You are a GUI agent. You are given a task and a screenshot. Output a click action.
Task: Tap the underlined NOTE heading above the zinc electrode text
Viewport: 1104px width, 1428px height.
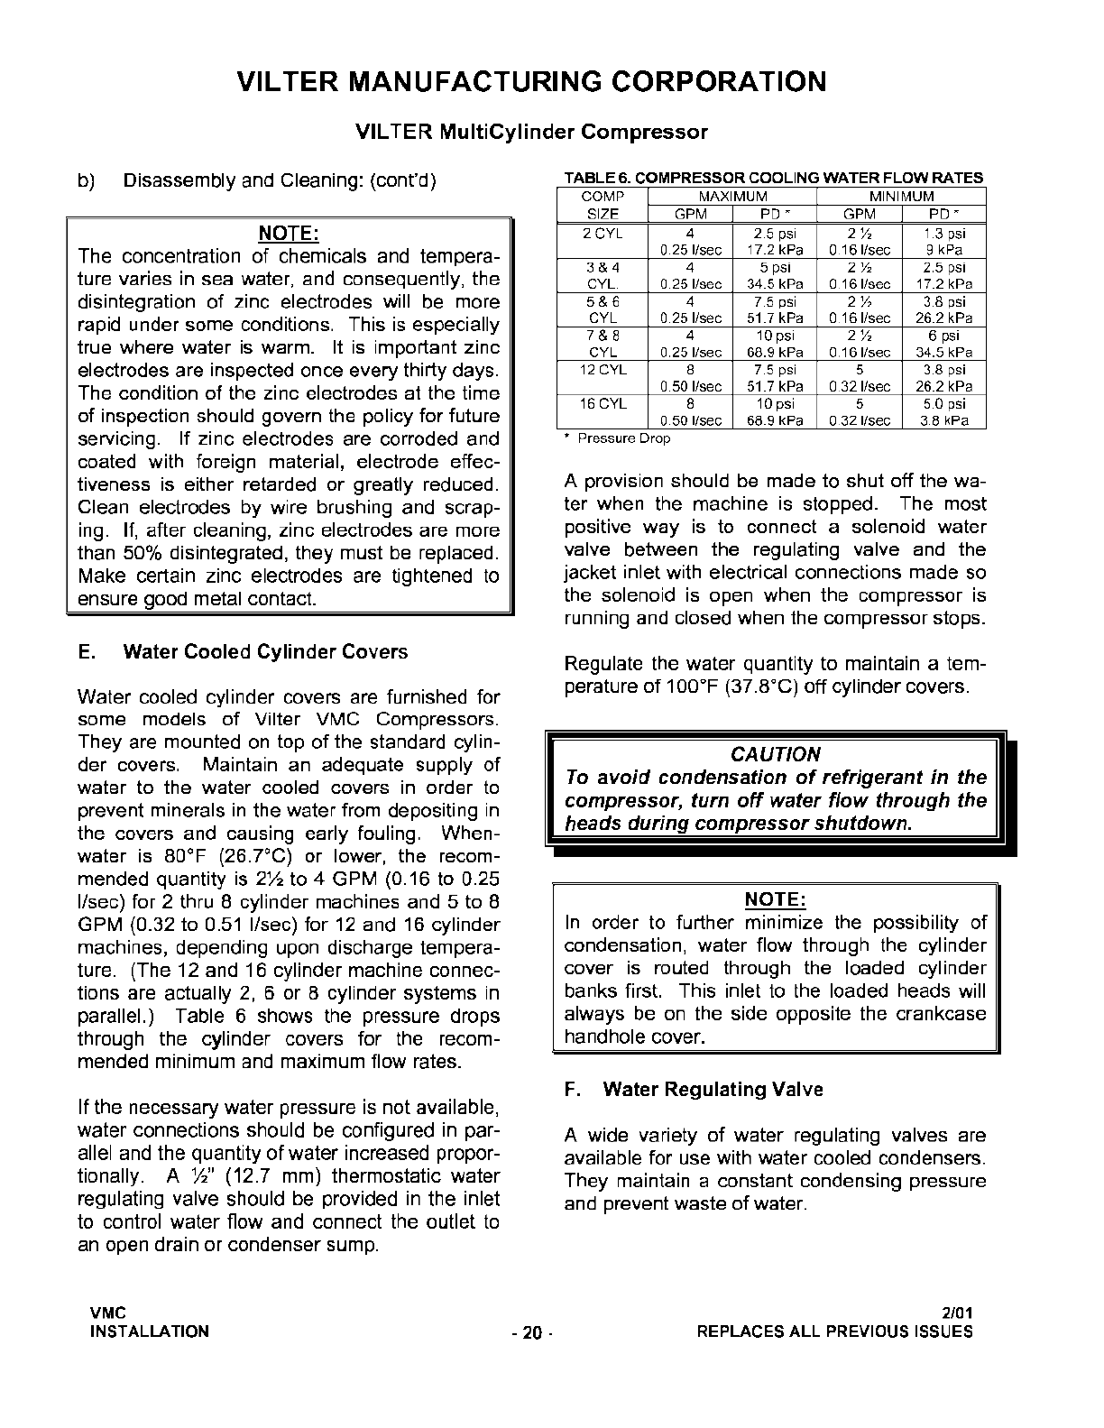tap(289, 234)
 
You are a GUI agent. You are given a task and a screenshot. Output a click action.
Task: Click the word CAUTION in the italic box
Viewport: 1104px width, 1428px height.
tap(776, 754)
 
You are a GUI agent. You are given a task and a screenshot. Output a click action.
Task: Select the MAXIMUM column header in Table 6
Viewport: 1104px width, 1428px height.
tap(732, 197)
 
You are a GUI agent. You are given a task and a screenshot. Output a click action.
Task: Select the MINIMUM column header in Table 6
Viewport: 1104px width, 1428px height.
tap(901, 197)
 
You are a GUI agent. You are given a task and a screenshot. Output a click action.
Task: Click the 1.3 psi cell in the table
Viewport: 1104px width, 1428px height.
tap(944, 233)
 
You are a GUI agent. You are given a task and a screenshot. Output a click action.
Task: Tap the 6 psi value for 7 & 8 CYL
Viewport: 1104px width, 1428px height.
tap(945, 335)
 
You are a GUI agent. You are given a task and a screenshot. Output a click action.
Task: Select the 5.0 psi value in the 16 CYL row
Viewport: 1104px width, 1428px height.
tap(944, 403)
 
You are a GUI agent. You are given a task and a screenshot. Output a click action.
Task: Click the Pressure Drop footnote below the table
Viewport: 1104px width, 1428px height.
tap(623, 438)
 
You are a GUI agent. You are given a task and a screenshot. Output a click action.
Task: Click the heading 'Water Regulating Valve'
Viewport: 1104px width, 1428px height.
tap(713, 1089)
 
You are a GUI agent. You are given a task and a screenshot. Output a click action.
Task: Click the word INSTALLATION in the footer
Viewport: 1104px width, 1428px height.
tap(149, 1331)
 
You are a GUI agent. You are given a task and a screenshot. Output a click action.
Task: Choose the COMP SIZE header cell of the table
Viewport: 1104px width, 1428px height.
tap(602, 206)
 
